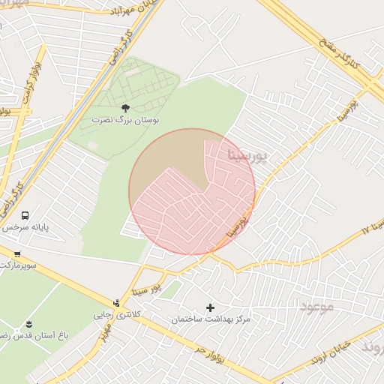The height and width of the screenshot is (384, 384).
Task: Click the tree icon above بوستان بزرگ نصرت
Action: click(x=125, y=108)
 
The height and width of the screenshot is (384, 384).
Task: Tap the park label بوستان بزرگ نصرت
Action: click(x=126, y=119)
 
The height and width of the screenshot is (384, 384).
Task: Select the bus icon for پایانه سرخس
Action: click(x=25, y=215)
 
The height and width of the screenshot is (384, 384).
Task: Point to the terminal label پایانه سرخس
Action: click(x=19, y=226)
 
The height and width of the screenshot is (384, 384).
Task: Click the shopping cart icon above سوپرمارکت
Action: click(x=16, y=254)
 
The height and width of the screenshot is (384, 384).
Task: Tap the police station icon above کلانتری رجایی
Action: click(x=115, y=303)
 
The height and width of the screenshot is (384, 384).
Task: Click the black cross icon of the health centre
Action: click(x=209, y=307)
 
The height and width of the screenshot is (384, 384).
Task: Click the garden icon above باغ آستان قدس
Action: click(x=28, y=324)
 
